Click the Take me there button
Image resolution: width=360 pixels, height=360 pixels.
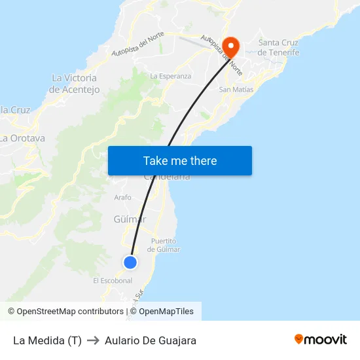(180, 160)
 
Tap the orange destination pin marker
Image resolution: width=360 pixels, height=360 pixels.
(231, 46)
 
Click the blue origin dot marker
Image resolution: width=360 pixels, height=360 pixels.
(130, 262)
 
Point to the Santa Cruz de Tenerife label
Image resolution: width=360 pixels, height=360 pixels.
(279, 48)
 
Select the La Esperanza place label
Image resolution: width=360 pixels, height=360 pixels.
(171, 76)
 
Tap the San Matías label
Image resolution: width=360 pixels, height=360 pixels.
(234, 89)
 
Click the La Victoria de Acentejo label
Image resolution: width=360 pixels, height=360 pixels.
(75, 84)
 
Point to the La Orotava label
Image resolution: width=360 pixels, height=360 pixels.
(23, 138)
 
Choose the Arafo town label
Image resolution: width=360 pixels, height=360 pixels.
(122, 197)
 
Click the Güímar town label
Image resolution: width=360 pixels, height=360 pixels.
(130, 219)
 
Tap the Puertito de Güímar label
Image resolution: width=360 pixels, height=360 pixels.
(164, 245)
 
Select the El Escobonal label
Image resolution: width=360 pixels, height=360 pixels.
(113, 280)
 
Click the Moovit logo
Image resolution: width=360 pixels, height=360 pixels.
(321, 340)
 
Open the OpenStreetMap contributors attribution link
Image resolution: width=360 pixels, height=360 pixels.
(65, 312)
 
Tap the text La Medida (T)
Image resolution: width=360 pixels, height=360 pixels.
(47, 340)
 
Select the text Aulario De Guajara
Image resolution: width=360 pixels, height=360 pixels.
(151, 340)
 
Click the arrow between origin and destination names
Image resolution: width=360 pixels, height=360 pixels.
(93, 340)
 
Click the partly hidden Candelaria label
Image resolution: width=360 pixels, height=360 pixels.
(168, 177)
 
